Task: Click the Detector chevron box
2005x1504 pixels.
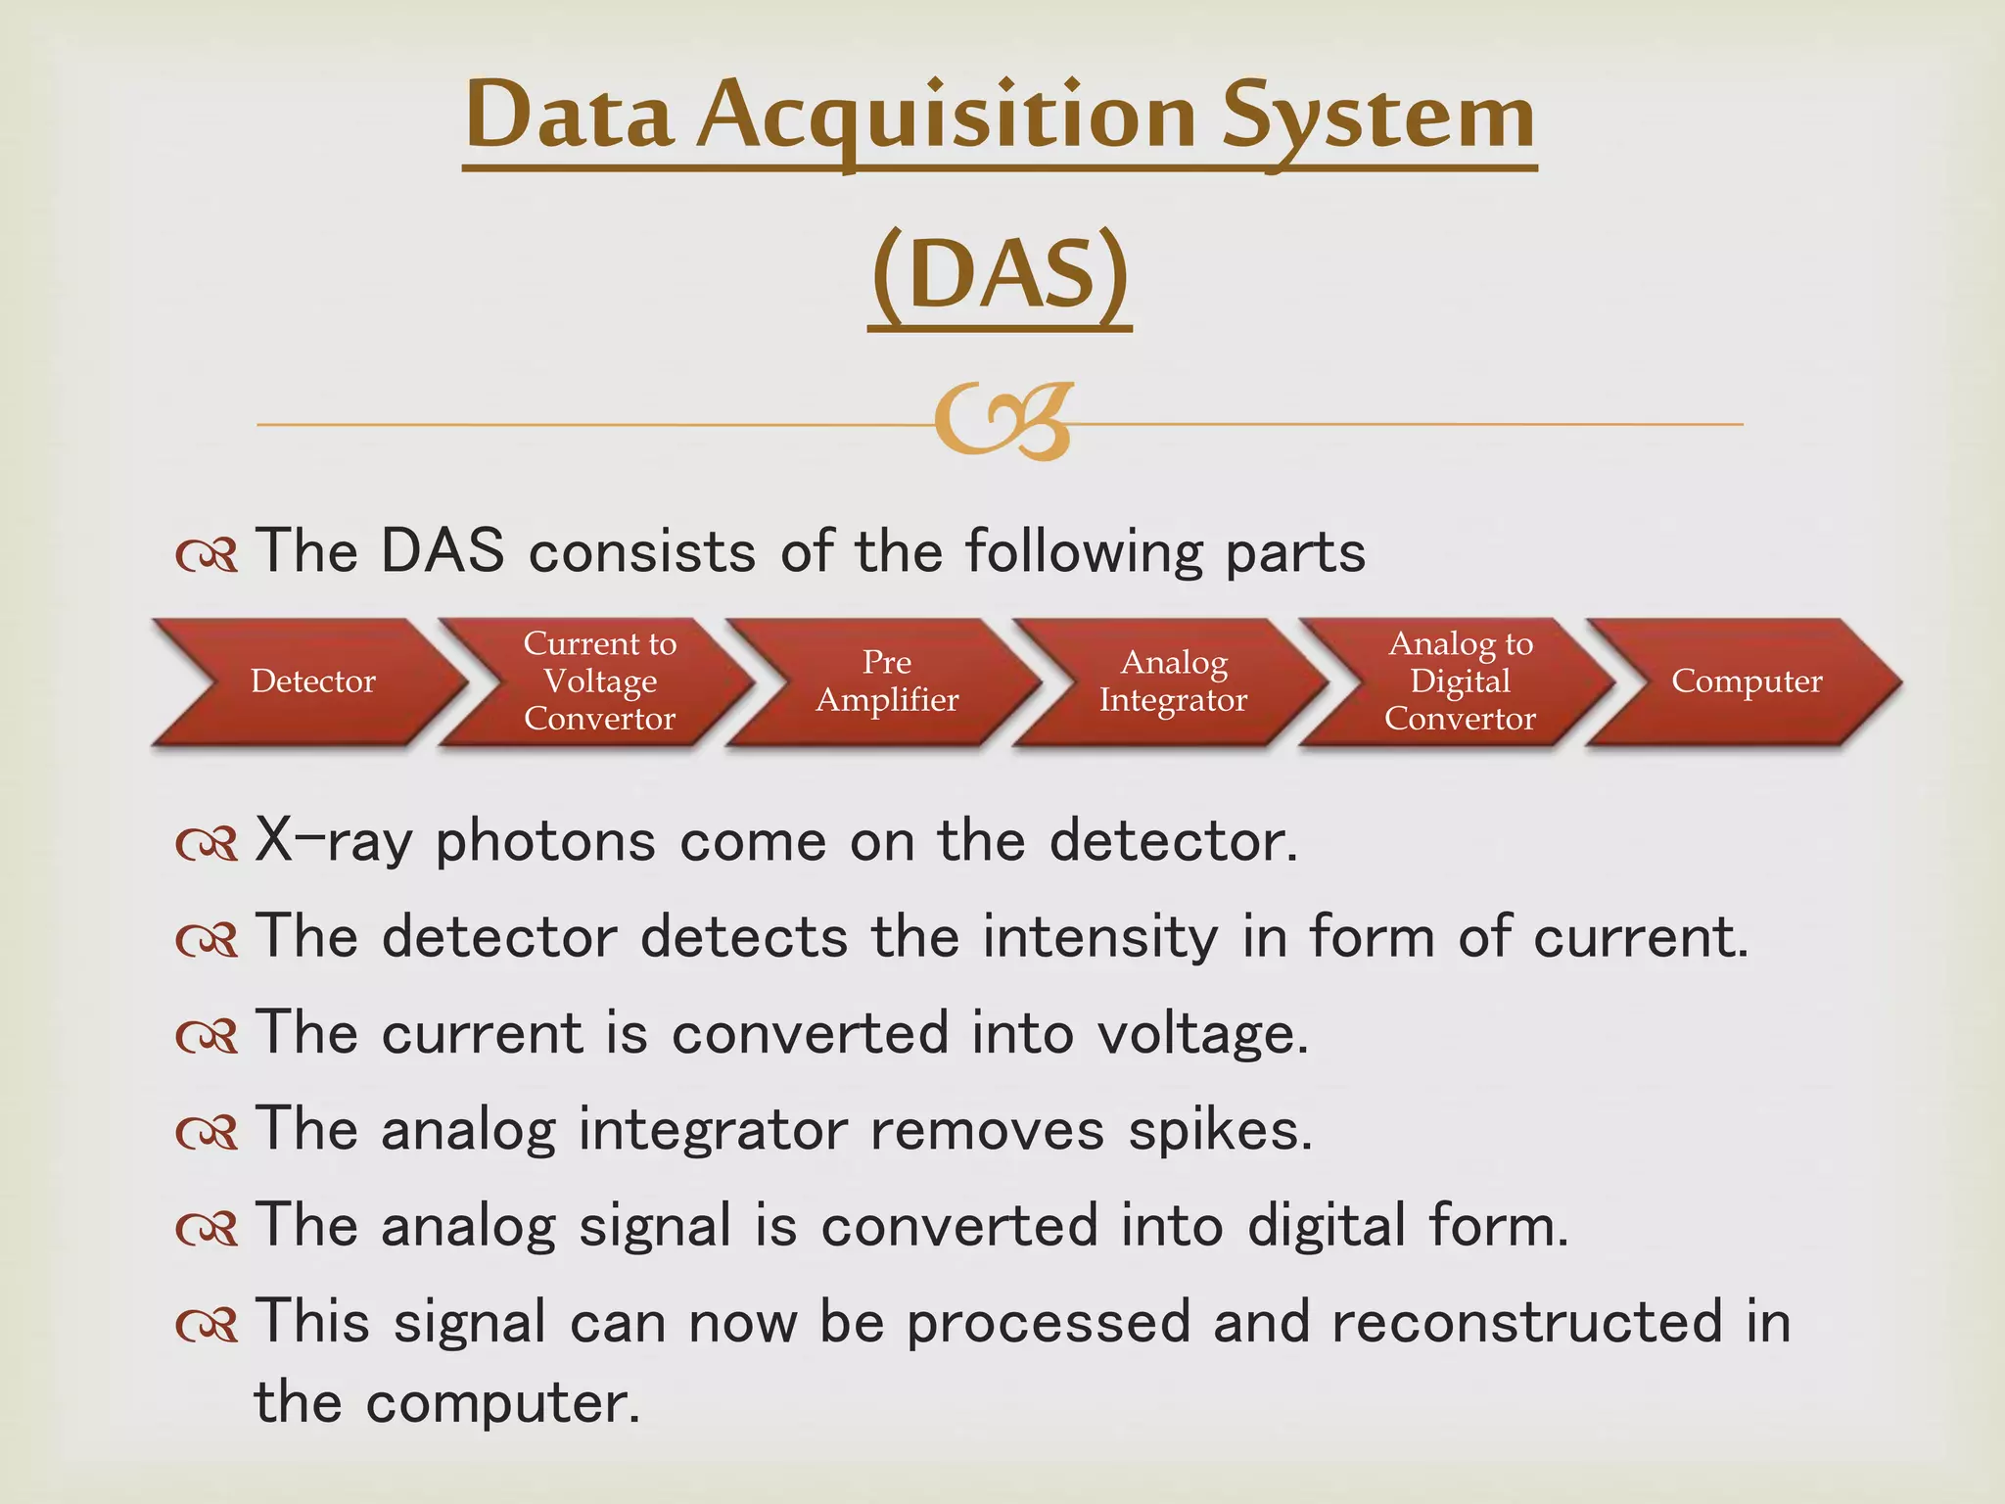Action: click(311, 681)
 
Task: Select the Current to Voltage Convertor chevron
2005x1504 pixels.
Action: click(599, 681)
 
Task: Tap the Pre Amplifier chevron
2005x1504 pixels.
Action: click(887, 681)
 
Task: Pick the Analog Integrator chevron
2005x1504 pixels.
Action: click(1173, 681)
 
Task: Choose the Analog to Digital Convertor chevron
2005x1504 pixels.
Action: click(1460, 681)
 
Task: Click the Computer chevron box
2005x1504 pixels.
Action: click(1746, 681)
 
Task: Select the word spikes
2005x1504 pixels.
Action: click(1219, 1130)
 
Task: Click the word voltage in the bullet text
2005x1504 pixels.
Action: click(1201, 1035)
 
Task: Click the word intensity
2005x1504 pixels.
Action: click(1100, 938)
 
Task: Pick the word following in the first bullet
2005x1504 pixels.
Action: click(1083, 553)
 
